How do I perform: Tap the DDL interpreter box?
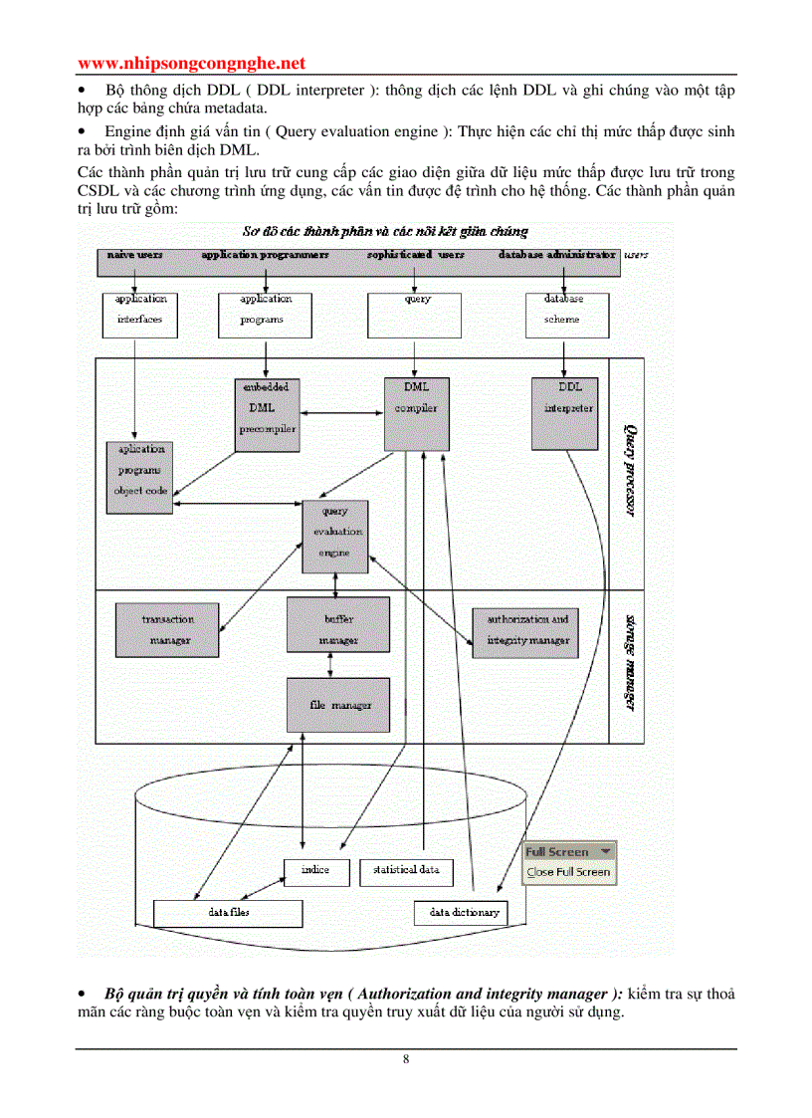point(569,411)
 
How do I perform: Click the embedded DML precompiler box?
point(265,414)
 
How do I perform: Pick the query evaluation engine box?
point(334,536)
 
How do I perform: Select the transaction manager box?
point(166,629)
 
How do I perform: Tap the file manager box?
point(338,705)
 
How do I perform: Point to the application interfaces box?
point(139,314)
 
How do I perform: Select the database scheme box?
point(563,314)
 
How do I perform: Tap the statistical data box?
point(406,871)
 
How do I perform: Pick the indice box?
point(317,871)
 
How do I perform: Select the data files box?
point(228,912)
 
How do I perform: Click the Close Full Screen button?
point(568,872)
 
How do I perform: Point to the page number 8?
point(406,1059)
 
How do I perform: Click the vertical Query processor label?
point(630,469)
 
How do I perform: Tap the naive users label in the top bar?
point(136,256)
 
